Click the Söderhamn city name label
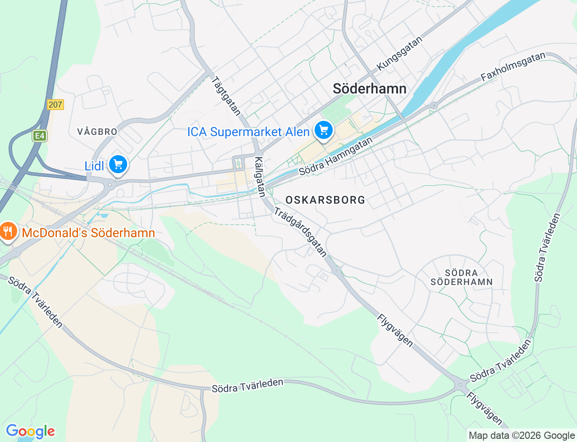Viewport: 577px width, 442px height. point(369,88)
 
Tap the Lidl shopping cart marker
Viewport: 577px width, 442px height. point(118,165)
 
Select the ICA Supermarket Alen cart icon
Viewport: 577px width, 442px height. point(323,130)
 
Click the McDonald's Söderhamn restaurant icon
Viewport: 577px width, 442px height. point(8,232)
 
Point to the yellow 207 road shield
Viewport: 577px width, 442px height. point(55,105)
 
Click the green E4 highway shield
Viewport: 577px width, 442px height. point(40,135)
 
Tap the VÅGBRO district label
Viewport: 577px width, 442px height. point(97,132)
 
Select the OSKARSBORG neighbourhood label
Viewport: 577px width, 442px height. point(325,200)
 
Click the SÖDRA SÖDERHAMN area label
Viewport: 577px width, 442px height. point(461,277)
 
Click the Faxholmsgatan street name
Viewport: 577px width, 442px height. point(513,67)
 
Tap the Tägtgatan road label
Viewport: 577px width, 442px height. point(226,96)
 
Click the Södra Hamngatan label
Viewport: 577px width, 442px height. point(336,157)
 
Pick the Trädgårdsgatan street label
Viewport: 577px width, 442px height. point(300,232)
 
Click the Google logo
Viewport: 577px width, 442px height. point(30,431)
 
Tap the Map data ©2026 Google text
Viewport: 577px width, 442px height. point(522,435)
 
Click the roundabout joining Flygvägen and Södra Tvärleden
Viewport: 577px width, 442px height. point(461,386)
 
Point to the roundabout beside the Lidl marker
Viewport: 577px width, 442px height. point(110,184)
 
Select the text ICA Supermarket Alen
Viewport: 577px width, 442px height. point(248,132)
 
